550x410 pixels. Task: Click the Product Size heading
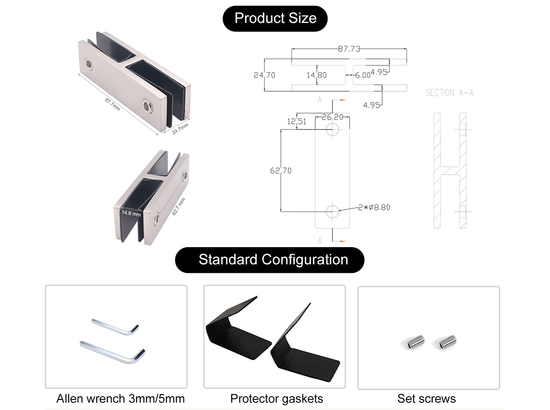pyautogui.click(x=275, y=18)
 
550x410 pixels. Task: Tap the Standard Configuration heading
pyautogui.click(x=273, y=260)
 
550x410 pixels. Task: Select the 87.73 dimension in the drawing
pyautogui.click(x=349, y=49)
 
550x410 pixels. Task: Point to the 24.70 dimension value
pyautogui.click(x=264, y=75)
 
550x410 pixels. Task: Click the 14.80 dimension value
pyautogui.click(x=317, y=75)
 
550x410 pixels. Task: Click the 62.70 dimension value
pyautogui.click(x=280, y=171)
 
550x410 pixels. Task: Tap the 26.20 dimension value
pyautogui.click(x=332, y=117)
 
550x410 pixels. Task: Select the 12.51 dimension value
pyautogui.click(x=296, y=122)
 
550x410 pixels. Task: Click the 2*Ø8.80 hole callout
pyautogui.click(x=374, y=207)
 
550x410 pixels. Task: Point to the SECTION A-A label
pyautogui.click(x=450, y=93)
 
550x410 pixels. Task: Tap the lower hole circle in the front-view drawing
pyautogui.click(x=333, y=211)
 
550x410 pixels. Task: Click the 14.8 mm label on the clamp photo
pyautogui.click(x=131, y=213)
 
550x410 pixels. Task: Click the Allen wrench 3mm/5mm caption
pyautogui.click(x=121, y=399)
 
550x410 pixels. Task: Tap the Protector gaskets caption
pyautogui.click(x=276, y=399)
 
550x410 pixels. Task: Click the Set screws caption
pyautogui.click(x=427, y=399)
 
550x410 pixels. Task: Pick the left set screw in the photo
pyautogui.click(x=416, y=341)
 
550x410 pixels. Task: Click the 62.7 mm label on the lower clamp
pyautogui.click(x=178, y=206)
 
